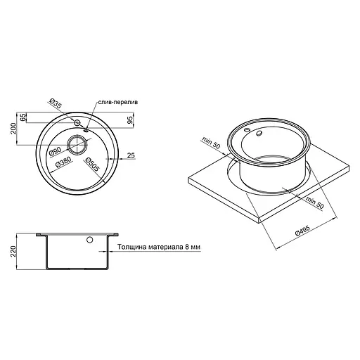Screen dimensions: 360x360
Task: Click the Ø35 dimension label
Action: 56,104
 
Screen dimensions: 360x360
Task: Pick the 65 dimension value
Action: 23,117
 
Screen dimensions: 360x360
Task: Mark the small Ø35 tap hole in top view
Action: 75,123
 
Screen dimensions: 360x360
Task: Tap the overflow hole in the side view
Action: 90,241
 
